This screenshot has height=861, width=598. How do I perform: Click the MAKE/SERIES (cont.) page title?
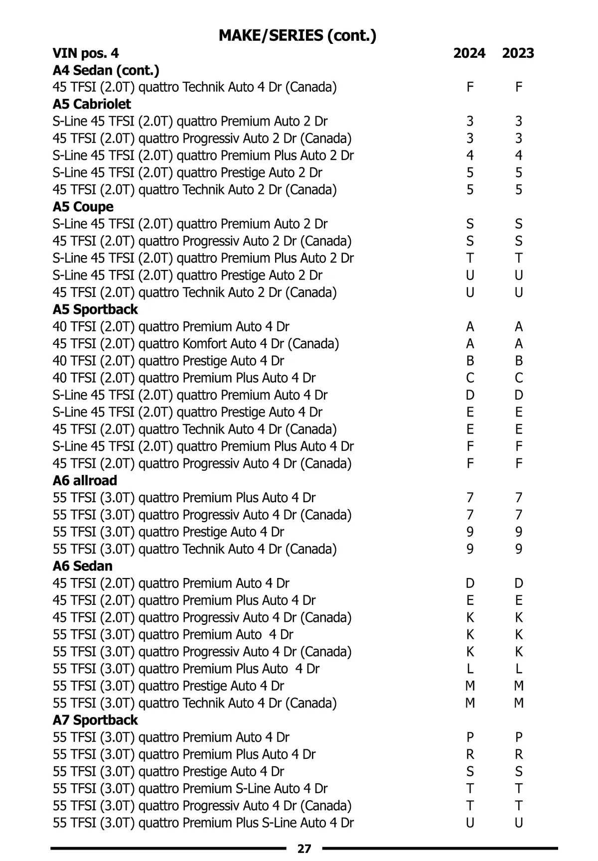(x=298, y=35)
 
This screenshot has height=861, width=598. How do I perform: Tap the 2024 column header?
(x=469, y=53)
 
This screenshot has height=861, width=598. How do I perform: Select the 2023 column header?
(x=518, y=53)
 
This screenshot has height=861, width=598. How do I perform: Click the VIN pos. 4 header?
(x=86, y=53)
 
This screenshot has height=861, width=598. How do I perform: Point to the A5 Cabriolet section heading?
(x=92, y=104)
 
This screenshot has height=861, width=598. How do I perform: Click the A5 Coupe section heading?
(x=83, y=207)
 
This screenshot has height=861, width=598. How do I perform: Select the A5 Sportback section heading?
(x=95, y=309)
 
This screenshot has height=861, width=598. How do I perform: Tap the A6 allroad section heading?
(x=85, y=480)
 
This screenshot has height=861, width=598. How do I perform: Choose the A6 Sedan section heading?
(x=83, y=566)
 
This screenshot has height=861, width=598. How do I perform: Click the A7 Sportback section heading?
(x=95, y=720)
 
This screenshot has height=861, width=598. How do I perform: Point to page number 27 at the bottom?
(x=304, y=849)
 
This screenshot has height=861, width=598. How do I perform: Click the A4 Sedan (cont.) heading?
(x=106, y=70)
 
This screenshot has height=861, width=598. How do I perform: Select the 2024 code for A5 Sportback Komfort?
(x=470, y=344)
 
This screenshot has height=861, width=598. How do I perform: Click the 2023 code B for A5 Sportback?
(x=519, y=361)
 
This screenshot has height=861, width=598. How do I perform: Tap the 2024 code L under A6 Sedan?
(x=470, y=669)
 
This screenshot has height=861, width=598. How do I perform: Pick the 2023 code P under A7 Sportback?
(x=519, y=737)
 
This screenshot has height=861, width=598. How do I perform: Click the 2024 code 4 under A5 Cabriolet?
(x=470, y=155)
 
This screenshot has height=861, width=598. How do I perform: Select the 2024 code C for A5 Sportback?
(x=470, y=378)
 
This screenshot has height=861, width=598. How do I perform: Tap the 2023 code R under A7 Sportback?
(x=519, y=754)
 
